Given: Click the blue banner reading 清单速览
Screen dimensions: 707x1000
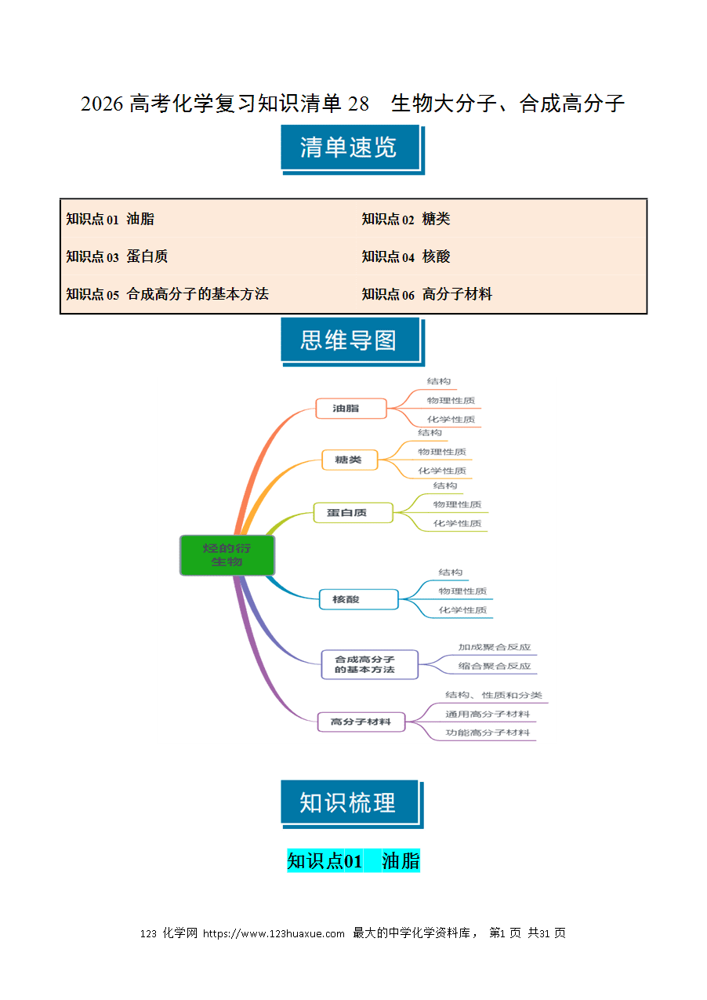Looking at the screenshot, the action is tap(353, 150).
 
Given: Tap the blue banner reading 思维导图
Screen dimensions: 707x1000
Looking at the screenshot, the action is tap(353, 342).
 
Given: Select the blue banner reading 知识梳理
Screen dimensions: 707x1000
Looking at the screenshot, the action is tap(352, 804).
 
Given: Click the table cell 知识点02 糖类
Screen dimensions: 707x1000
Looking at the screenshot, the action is tap(502, 219).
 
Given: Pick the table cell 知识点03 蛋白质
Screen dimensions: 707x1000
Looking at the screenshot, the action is tap(208, 256).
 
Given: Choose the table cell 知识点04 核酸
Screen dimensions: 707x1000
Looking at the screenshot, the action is tap(502, 256).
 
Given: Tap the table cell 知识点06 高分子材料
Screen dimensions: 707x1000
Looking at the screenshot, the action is tap(502, 294).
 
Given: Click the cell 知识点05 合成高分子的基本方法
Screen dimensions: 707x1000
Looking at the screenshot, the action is tap(208, 294).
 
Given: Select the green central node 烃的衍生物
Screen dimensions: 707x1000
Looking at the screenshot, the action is tap(227, 555).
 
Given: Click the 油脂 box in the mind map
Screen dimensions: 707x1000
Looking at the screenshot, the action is tap(350, 408).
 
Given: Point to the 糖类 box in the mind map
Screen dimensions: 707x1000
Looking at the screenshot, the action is tap(350, 460).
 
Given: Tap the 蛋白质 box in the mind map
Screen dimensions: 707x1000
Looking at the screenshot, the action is tap(353, 512).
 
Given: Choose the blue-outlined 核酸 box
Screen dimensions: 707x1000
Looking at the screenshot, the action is tap(358, 599).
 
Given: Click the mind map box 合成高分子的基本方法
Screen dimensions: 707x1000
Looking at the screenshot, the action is tap(369, 664).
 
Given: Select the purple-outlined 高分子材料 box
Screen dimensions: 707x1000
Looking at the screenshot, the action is tap(361, 722).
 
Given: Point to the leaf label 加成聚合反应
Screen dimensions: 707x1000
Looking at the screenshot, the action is tap(495, 647).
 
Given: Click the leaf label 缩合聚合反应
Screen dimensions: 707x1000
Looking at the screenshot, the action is tap(495, 666).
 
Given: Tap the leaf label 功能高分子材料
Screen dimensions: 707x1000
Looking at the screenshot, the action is tap(488, 733).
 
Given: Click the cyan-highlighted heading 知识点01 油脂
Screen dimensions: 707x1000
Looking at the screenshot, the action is tap(353, 860).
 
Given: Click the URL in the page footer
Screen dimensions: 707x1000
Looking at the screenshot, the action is tap(274, 933).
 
